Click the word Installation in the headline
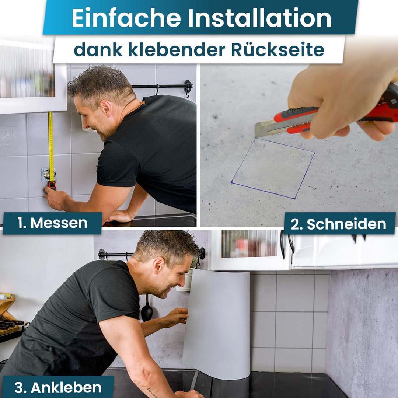pos(259,18)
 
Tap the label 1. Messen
pos(52,223)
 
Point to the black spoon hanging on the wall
pos(147,311)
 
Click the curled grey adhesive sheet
pos(217,324)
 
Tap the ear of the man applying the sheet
pos(159,265)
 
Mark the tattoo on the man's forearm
pos(152,391)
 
